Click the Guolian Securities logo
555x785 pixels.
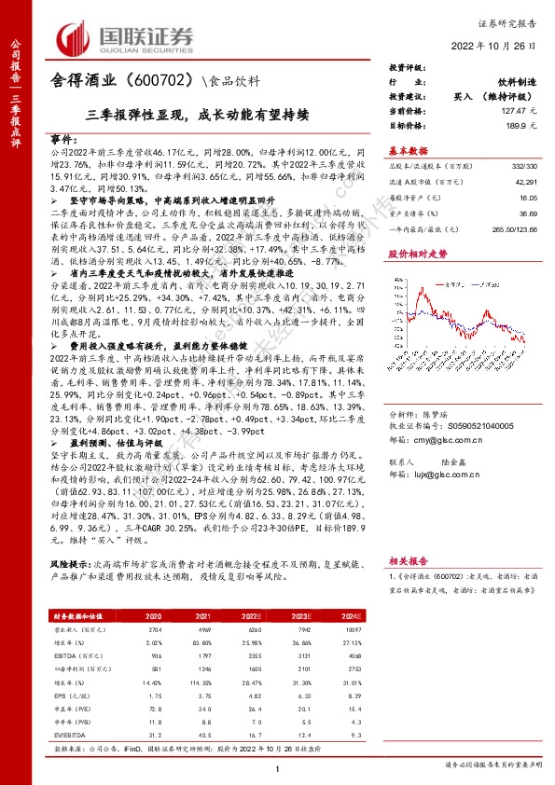tap(125, 36)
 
